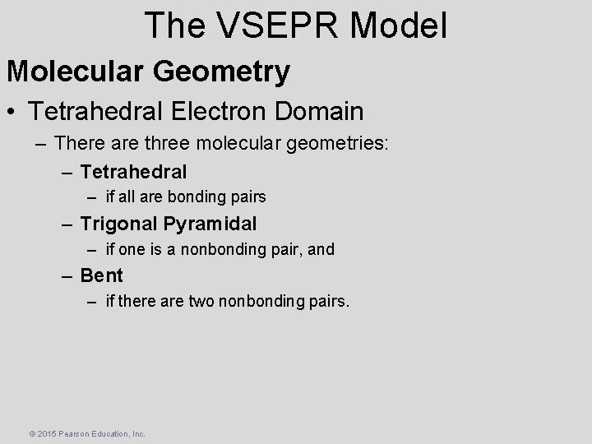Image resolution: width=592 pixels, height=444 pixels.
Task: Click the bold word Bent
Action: pos(101,275)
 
